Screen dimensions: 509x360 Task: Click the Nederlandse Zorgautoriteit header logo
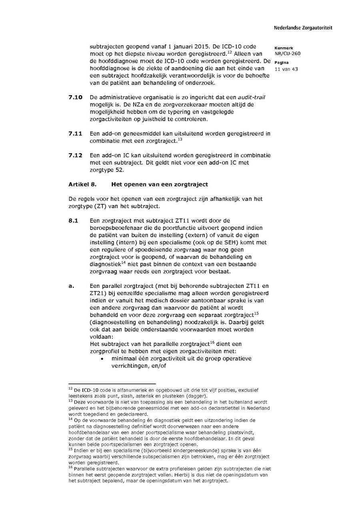[303, 28]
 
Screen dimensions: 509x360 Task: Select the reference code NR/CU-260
[287, 54]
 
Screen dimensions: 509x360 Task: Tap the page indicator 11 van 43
[286, 69]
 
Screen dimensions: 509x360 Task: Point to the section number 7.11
[75, 134]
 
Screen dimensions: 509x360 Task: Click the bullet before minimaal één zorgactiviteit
[102, 359]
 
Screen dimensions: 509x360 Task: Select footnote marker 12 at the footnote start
[70, 388]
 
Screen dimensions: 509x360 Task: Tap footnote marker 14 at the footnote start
[70, 419]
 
